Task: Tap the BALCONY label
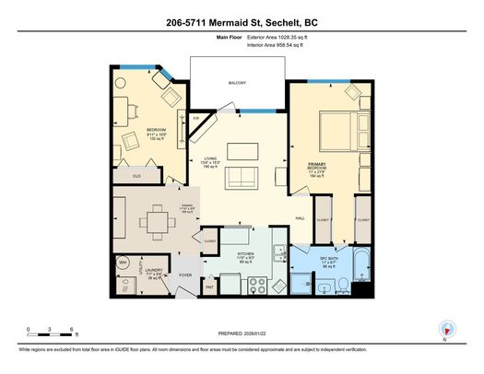coord(238,83)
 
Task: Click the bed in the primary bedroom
coord(335,133)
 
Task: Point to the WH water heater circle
coord(123,263)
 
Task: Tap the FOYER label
coord(184,275)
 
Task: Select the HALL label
coord(300,218)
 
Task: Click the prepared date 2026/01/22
coord(242,335)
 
